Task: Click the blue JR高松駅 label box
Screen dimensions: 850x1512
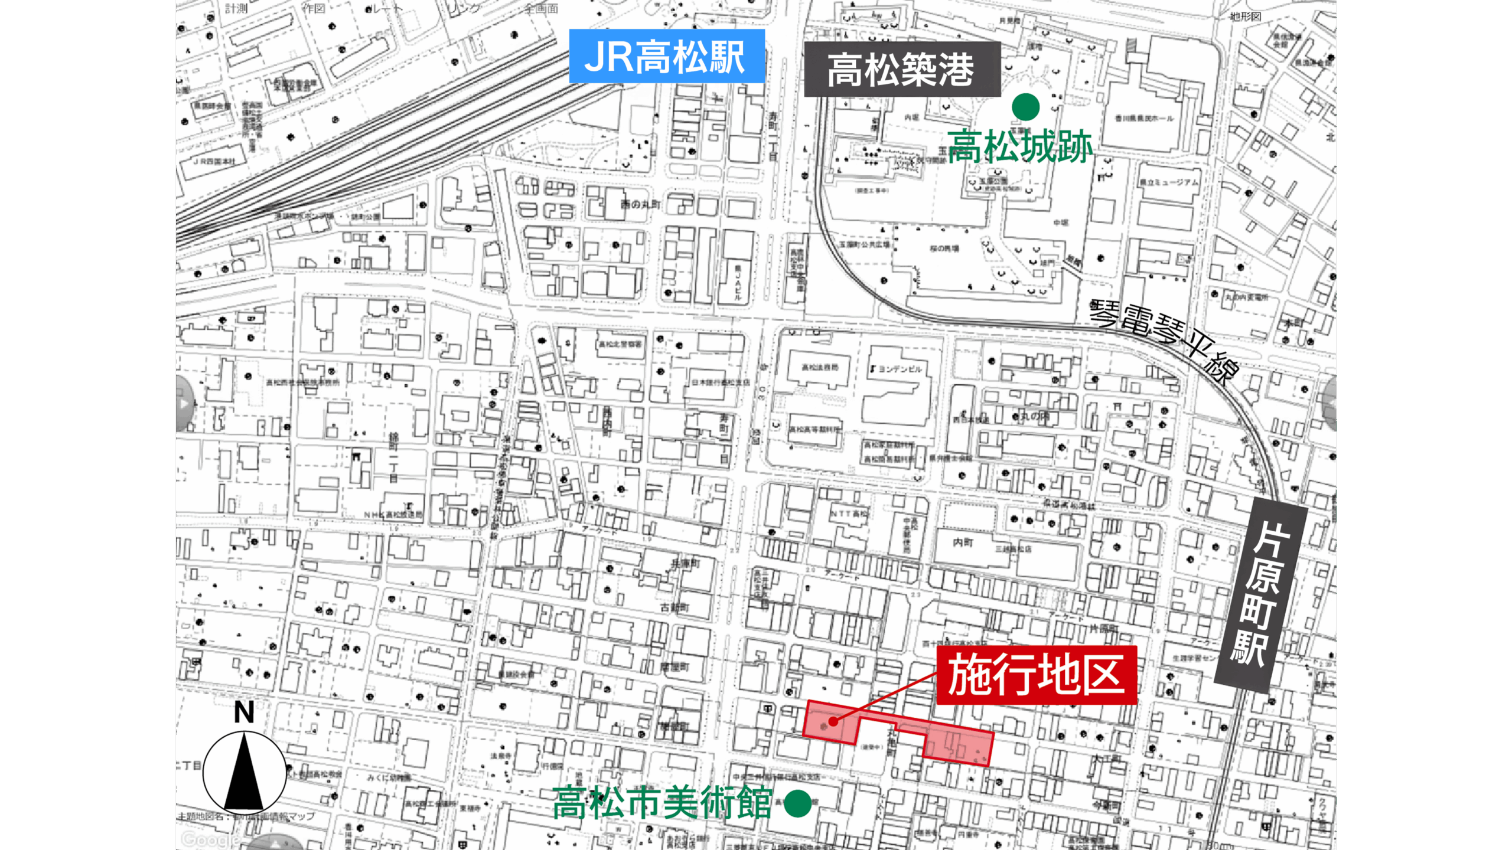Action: point(666,57)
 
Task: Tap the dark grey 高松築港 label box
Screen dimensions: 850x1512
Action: point(902,70)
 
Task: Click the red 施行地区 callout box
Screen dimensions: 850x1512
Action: point(1037,675)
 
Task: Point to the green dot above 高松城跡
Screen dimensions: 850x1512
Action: point(1025,107)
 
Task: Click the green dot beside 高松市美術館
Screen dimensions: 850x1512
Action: point(797,803)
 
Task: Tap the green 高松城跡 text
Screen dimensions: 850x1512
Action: point(1020,146)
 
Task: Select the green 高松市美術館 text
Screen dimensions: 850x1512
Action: point(662,803)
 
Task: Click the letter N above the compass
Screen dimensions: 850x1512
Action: point(244,712)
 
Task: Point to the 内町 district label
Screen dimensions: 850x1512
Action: point(963,542)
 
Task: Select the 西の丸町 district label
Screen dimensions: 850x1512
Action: point(640,204)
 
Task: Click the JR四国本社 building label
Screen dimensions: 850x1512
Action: point(214,161)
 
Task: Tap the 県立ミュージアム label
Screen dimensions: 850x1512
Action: point(1169,182)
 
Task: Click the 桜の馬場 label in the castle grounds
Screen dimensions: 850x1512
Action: point(944,249)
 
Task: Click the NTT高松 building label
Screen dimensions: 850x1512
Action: point(849,514)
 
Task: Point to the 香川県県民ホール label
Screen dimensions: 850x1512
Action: point(1144,118)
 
